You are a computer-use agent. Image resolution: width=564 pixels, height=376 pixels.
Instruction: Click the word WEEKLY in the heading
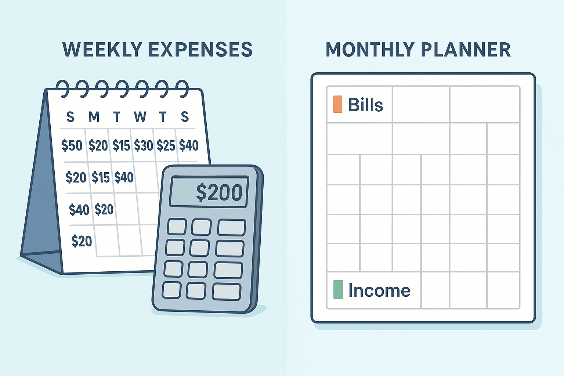102,50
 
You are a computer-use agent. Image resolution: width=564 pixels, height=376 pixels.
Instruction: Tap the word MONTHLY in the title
368,50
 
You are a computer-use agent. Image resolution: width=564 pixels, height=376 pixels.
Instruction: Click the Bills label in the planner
365,105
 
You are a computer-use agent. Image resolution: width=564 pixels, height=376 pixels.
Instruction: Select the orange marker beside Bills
338,104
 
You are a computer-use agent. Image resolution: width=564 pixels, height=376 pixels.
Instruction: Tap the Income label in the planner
379,290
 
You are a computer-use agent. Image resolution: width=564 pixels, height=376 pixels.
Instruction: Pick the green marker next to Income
338,289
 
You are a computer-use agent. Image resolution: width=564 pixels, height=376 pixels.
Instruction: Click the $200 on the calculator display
219,192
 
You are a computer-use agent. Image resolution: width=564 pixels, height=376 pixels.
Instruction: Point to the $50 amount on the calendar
72,145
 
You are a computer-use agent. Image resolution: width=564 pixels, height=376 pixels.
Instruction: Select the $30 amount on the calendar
143,146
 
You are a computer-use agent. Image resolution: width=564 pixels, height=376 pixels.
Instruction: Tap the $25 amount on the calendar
166,146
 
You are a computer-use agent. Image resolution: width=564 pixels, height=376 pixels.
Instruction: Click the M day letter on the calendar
94,117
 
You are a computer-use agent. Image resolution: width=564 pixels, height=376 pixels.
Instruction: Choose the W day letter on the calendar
140,117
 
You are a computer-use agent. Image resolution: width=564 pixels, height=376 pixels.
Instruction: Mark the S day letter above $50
70,117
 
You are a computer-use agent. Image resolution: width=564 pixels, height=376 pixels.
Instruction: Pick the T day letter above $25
162,117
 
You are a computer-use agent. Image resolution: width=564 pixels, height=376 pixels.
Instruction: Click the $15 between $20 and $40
101,178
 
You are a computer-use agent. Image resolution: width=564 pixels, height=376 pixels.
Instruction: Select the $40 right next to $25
189,145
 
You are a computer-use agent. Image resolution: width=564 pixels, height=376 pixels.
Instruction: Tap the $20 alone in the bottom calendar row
82,241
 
